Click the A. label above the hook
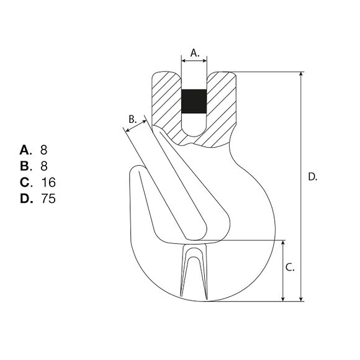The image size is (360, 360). click(x=195, y=53)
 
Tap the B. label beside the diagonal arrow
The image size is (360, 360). click(x=132, y=119)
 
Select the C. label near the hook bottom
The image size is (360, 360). click(x=290, y=268)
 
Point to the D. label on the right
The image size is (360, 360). click(x=312, y=177)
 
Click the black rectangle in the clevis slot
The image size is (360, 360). click(x=194, y=101)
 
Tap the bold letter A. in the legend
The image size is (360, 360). click(x=25, y=150)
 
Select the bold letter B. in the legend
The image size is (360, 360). click(x=25, y=166)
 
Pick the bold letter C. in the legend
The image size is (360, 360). click(x=26, y=182)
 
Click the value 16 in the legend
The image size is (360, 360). click(x=48, y=182)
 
